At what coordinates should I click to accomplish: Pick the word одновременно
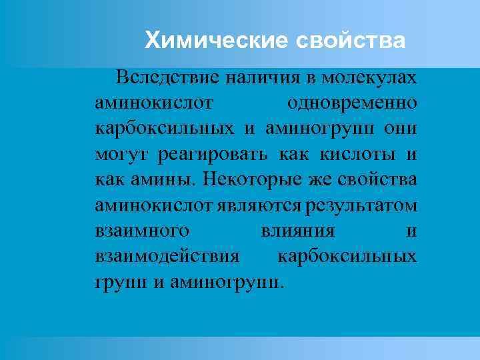coord(352,104)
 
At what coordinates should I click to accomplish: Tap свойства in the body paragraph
coord(378,181)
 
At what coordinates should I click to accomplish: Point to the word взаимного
coord(141,231)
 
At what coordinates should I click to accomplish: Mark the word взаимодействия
coord(167,257)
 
